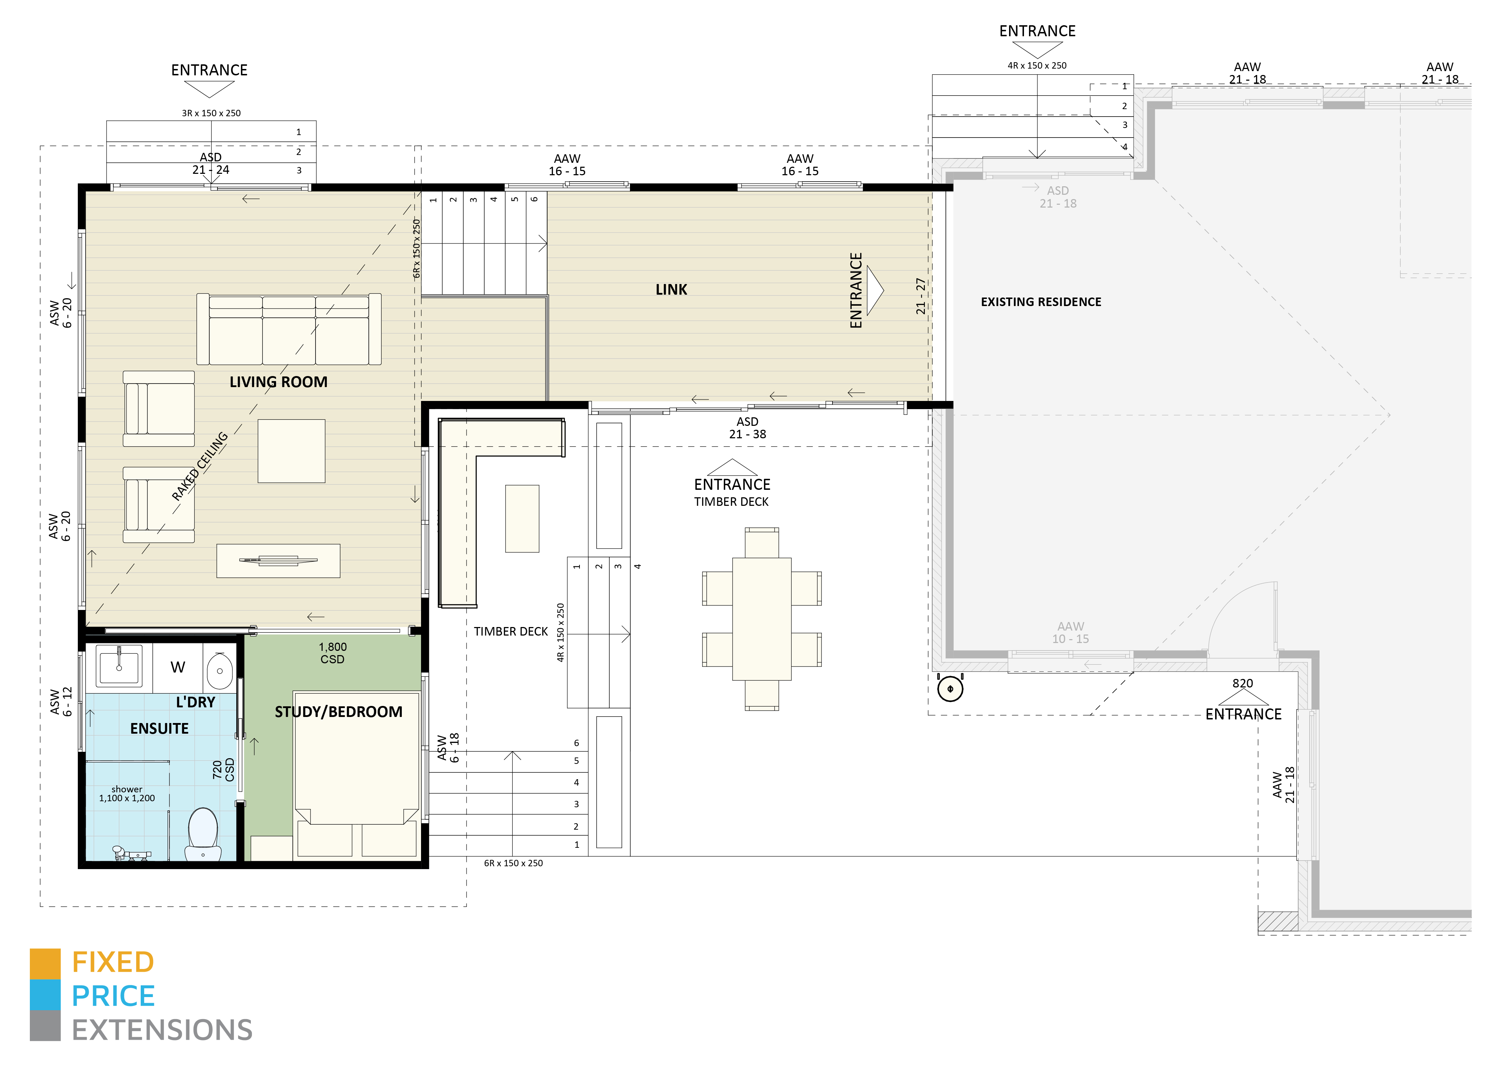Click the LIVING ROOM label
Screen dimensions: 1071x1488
tap(278, 382)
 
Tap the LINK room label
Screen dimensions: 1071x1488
tap(671, 289)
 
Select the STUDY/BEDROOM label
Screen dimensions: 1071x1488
tap(339, 712)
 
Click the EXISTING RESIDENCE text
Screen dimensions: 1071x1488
tap(1041, 302)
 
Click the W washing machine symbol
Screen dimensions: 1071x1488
tap(178, 668)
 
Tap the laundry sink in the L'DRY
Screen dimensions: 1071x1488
tap(119, 666)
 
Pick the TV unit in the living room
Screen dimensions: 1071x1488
tap(278, 561)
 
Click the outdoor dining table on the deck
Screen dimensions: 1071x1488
tap(762, 619)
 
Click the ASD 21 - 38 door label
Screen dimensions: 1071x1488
tap(747, 428)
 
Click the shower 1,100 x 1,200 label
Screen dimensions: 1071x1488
tap(126, 794)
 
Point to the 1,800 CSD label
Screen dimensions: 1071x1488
tap(333, 653)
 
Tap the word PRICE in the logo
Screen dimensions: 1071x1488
tap(113, 996)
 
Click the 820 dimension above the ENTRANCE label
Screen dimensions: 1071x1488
tap(1242, 683)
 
